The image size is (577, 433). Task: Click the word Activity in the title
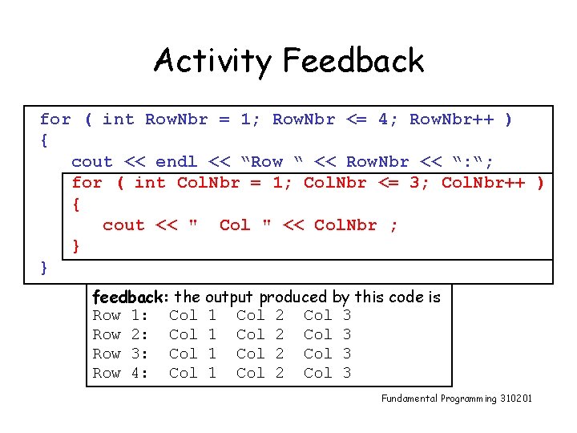[x=212, y=61]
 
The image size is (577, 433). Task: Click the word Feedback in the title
[x=353, y=61]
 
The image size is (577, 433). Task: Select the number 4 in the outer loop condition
[x=383, y=119]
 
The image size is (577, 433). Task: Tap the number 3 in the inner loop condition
[x=414, y=183]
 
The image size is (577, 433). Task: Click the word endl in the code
[x=176, y=162]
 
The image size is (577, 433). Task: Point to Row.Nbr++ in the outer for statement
[x=451, y=119]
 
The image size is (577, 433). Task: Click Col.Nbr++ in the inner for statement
[x=483, y=183]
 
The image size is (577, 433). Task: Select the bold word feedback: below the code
[x=131, y=297]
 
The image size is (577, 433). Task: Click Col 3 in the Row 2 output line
[x=327, y=334]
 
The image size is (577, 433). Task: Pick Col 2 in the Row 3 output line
[x=260, y=354]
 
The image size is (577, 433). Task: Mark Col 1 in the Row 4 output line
[x=192, y=373]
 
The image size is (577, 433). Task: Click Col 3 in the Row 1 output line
[x=327, y=316]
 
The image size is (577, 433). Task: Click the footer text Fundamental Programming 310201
[x=456, y=399]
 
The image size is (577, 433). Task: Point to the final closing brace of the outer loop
[x=45, y=267]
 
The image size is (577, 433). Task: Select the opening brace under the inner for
[x=76, y=204]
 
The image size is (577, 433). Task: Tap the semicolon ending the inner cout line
[x=393, y=225]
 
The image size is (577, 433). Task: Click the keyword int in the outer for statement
[x=119, y=119]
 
